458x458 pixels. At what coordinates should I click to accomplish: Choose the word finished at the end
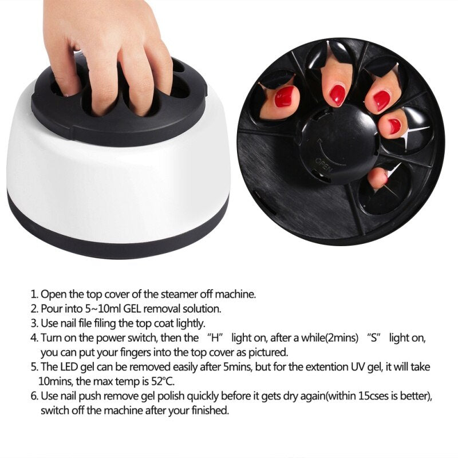(x=208, y=410)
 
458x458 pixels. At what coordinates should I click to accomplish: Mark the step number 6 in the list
(x=34, y=396)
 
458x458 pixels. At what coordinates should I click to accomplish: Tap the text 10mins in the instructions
(x=54, y=381)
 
